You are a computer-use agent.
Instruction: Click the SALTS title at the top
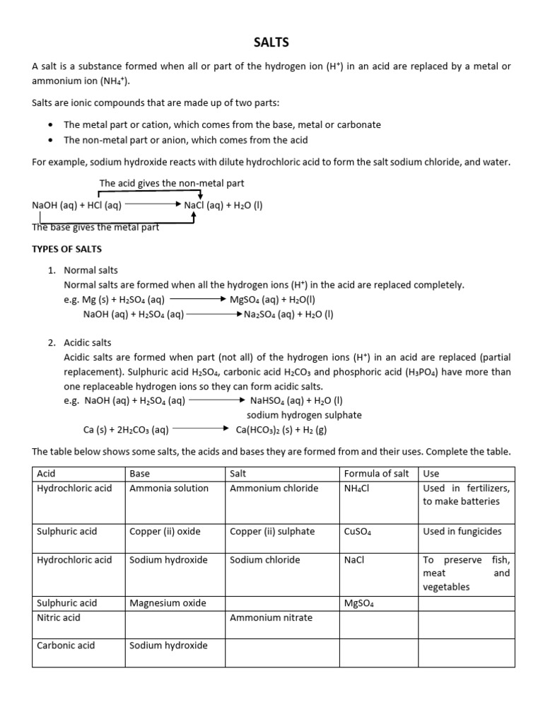point(271,42)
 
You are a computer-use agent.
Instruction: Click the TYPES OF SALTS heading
point(67,249)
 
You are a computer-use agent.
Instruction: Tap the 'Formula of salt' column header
point(376,474)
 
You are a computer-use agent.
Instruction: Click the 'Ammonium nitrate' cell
point(271,617)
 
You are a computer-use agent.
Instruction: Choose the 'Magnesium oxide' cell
point(168,603)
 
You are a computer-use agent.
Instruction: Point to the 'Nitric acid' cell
point(59,617)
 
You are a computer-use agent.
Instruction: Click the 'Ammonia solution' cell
point(169,488)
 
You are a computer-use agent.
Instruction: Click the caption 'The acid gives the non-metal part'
point(172,183)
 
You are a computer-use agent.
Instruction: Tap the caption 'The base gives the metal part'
point(95,227)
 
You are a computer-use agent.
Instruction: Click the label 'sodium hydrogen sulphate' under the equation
point(304,415)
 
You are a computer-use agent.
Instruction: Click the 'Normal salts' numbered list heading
point(91,270)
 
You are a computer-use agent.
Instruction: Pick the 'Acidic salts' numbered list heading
point(88,342)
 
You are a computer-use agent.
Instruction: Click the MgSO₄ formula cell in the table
point(358,604)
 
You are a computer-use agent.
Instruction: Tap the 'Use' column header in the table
point(431,474)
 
